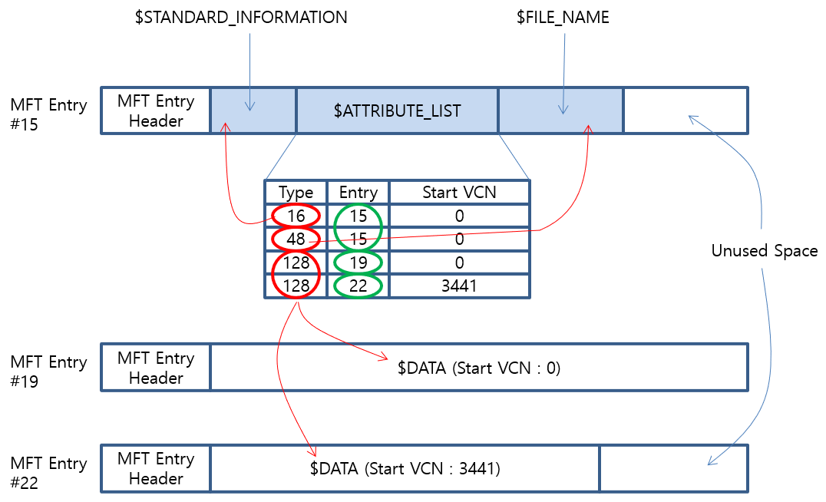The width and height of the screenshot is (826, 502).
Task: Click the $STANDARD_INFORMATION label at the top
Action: (241, 17)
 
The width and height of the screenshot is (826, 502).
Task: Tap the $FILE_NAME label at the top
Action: (563, 17)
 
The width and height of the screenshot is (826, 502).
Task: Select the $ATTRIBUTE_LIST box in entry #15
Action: (397, 111)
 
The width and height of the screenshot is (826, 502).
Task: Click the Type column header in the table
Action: (296, 192)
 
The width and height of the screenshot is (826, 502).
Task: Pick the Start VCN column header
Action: (459, 192)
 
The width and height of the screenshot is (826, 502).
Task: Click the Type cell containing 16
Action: (296, 216)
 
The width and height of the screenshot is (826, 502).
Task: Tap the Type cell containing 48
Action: (296, 239)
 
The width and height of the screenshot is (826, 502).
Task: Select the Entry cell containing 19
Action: (358, 263)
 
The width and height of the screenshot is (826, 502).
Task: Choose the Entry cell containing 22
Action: (358, 286)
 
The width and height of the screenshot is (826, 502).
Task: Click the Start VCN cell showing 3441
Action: (459, 286)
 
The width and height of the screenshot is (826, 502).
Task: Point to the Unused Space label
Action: (764, 251)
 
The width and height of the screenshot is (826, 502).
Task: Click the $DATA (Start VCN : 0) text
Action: (479, 368)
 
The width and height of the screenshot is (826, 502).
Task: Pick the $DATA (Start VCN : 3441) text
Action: (405, 467)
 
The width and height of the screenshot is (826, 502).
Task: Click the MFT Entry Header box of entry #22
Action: (156, 468)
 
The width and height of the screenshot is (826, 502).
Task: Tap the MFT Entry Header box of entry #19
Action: (156, 368)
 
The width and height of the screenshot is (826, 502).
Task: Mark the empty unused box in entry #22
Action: (673, 468)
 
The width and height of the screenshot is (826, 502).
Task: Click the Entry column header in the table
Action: (358, 192)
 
